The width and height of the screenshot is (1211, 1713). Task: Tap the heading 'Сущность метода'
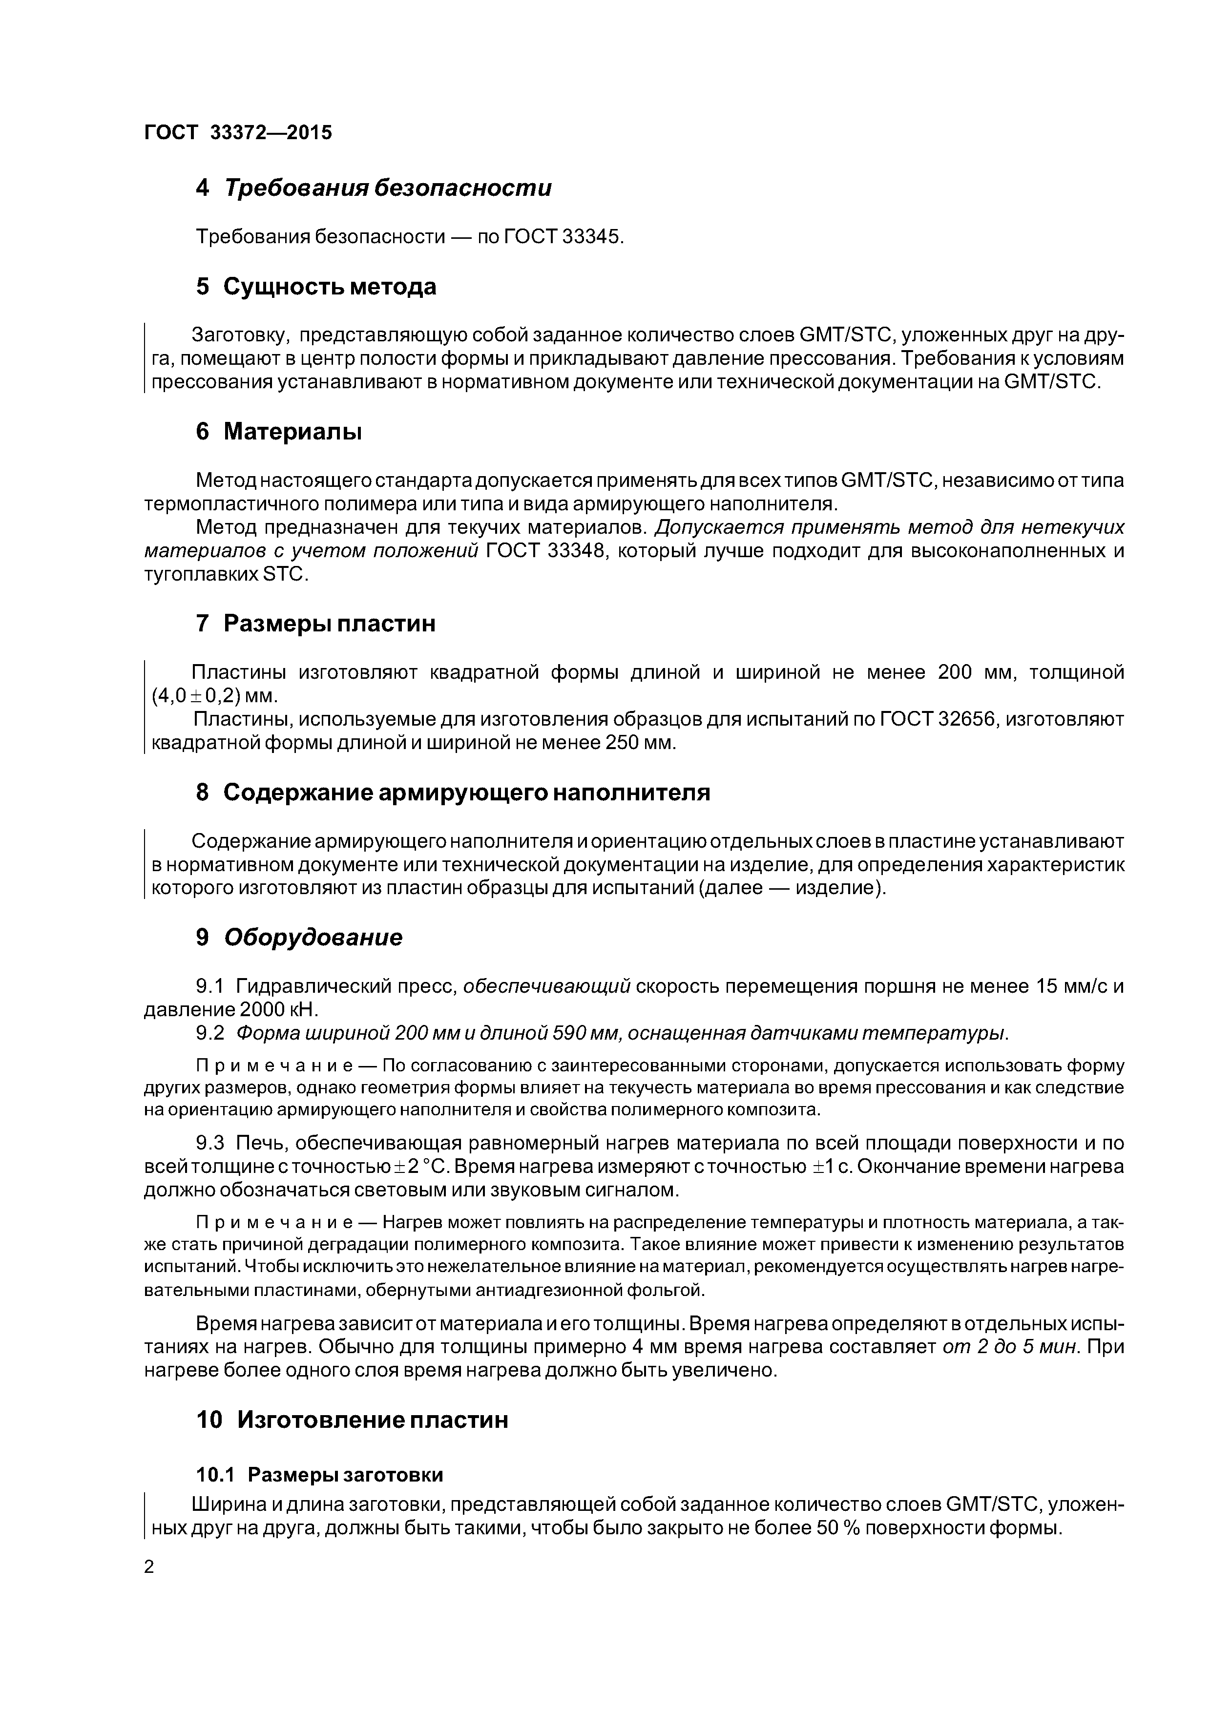[329, 287]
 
